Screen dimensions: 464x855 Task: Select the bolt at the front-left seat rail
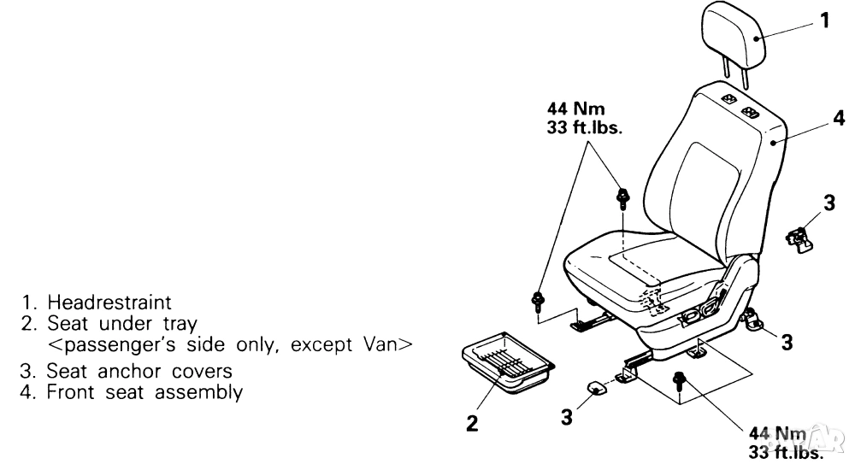point(537,299)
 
